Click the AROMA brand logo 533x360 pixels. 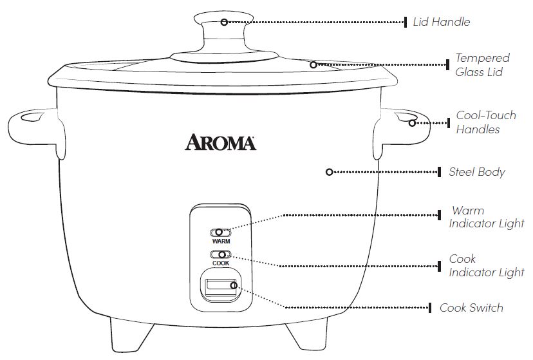tap(221, 142)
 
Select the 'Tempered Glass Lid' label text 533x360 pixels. tap(483, 65)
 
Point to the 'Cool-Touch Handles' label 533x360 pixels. tap(486, 122)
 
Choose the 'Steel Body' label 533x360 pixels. tap(477, 172)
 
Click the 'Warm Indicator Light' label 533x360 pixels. tap(487, 217)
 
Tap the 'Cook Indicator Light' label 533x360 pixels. tap(487, 265)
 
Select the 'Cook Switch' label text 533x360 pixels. tap(471, 307)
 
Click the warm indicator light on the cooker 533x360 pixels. tap(220, 232)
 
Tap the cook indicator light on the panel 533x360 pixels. tap(220, 254)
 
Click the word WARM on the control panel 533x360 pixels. tap(221, 241)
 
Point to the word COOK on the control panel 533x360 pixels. tap(221, 263)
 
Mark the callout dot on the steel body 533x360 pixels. tap(329, 172)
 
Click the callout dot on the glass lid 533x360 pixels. tap(313, 64)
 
